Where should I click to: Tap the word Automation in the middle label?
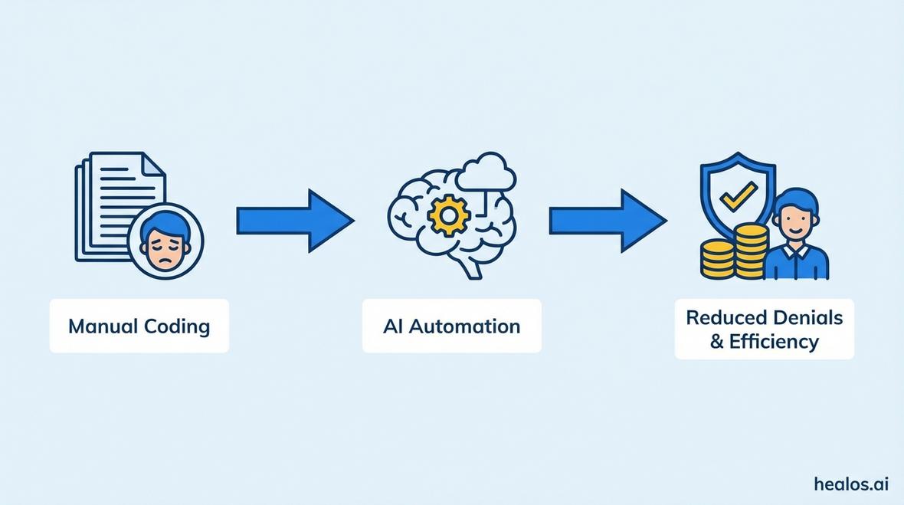464,326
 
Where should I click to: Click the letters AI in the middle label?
392,326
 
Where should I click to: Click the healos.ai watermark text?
851,484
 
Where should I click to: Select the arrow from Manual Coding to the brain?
294,221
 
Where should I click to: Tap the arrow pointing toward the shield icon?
607,221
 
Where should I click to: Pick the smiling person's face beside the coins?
795,217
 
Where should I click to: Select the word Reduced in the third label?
723,317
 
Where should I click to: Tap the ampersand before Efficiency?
717,342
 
